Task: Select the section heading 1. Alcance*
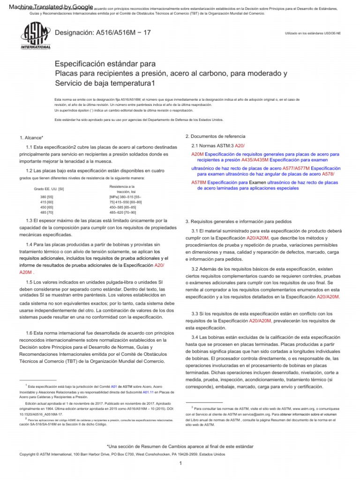pyautogui.click(x=31, y=137)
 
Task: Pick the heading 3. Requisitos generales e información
pyautogui.click(x=239, y=221)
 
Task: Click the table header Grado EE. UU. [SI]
pyautogui.click(x=49, y=189)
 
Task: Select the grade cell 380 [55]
pyautogui.click(x=47, y=197)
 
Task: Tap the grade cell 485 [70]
pyautogui.click(x=47, y=212)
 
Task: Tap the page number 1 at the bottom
pyautogui.click(x=180, y=463)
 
